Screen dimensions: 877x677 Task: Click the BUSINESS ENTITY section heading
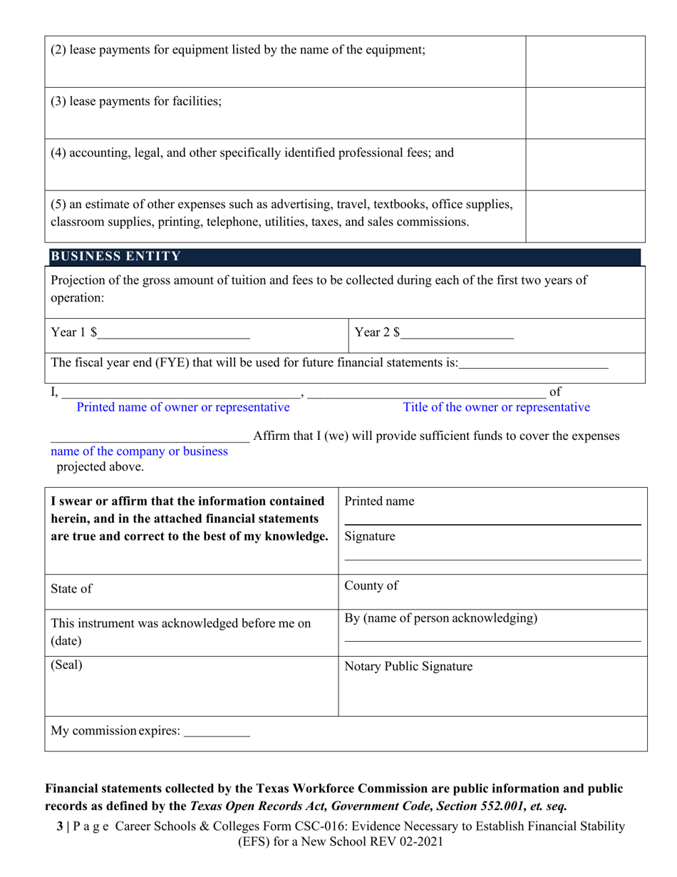pyautogui.click(x=115, y=257)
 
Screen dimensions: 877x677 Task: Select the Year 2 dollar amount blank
pyautogui.click(x=457, y=333)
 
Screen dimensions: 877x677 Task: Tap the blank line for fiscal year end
pyautogui.click(x=534, y=363)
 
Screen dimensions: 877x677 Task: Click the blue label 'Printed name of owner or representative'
pyautogui.click(x=183, y=408)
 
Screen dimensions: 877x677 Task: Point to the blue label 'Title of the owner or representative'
pyautogui.click(x=497, y=408)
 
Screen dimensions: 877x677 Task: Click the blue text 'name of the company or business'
pyautogui.click(x=140, y=451)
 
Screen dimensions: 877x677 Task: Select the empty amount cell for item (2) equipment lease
pyautogui.click(x=585, y=61)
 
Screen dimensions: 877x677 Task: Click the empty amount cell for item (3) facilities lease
pyautogui.click(x=585, y=113)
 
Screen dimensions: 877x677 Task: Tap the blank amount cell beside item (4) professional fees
pyautogui.click(x=585, y=164)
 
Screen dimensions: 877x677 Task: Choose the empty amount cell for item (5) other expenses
pyautogui.click(x=585, y=216)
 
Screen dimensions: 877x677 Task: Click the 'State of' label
pyautogui.click(x=71, y=589)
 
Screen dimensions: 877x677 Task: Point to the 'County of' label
pyautogui.click(x=371, y=586)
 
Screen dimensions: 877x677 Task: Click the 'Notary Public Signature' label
pyautogui.click(x=408, y=667)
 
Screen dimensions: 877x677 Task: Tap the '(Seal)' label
pyautogui.click(x=66, y=665)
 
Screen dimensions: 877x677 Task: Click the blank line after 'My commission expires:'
pyautogui.click(x=217, y=732)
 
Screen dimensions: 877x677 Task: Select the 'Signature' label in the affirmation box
pyautogui.click(x=370, y=537)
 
